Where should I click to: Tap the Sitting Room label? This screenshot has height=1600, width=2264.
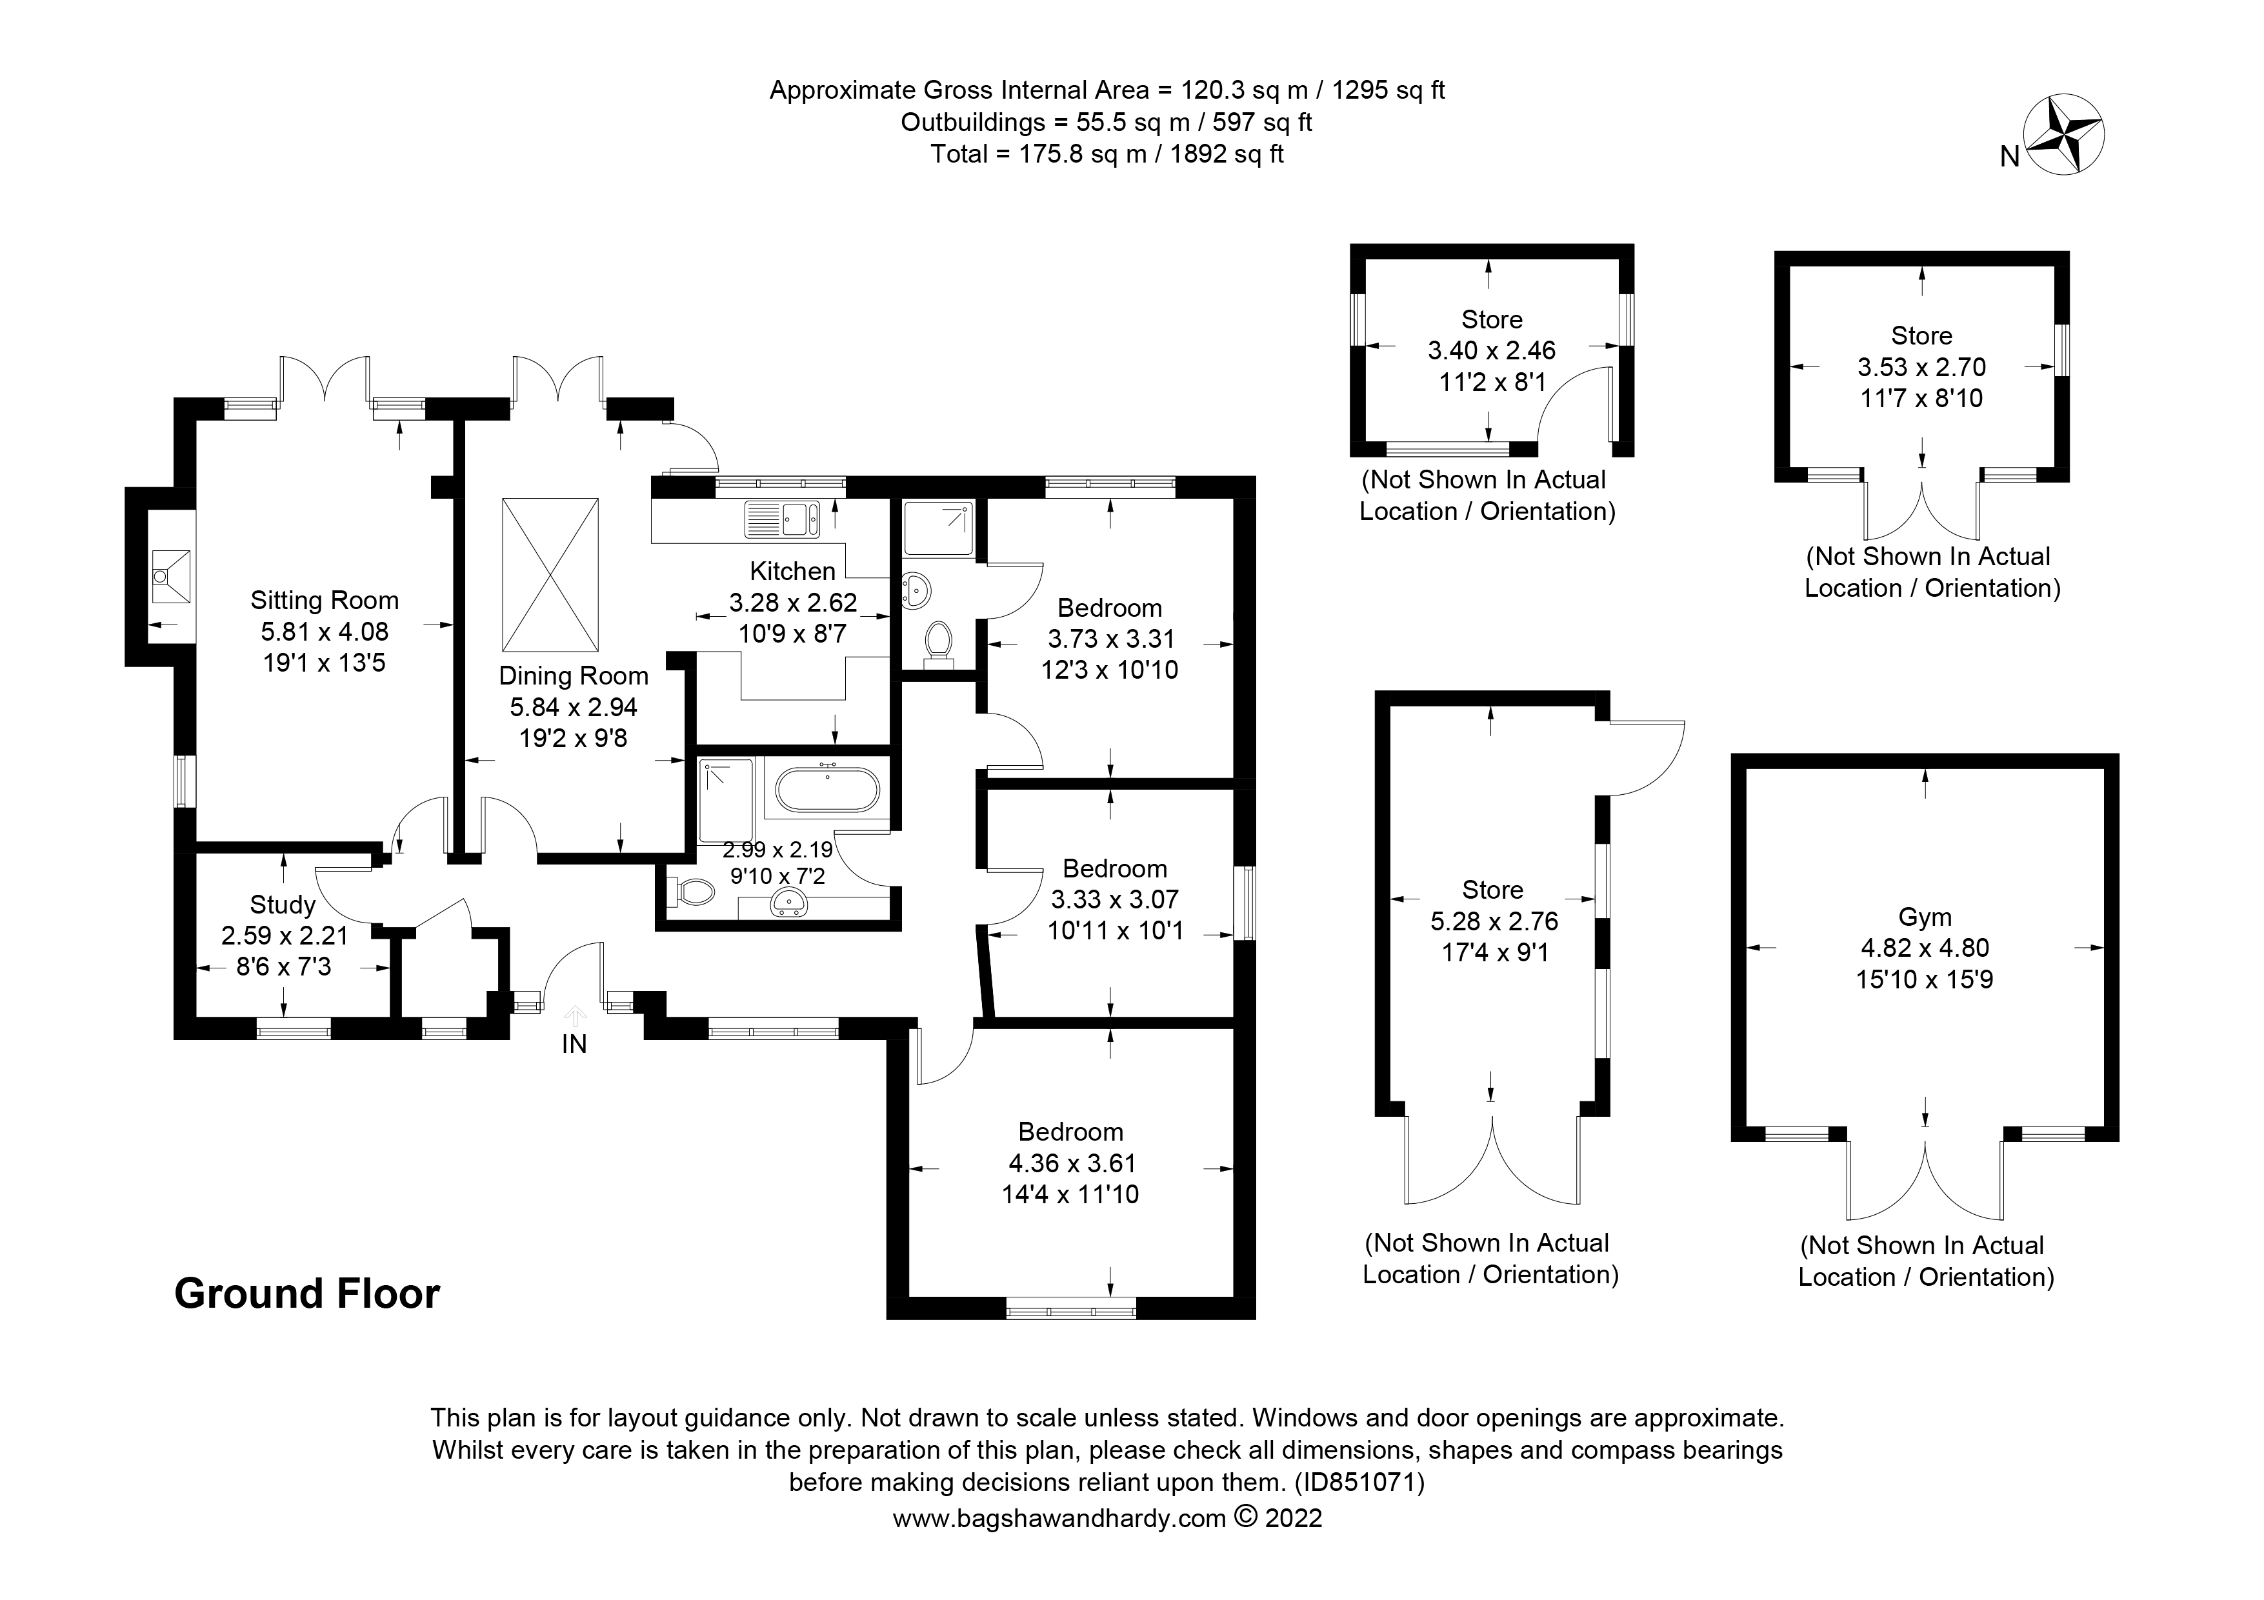tap(325, 601)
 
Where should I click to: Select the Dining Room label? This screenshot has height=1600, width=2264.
tap(574, 676)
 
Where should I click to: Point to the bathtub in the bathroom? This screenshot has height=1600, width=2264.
tap(827, 790)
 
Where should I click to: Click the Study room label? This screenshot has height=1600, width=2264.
tap(283, 905)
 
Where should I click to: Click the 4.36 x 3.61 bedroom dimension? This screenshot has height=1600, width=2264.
tap(1071, 1163)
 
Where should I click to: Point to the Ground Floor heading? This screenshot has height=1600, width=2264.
tap(306, 1294)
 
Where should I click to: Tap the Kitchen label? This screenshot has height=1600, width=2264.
tap(793, 571)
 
